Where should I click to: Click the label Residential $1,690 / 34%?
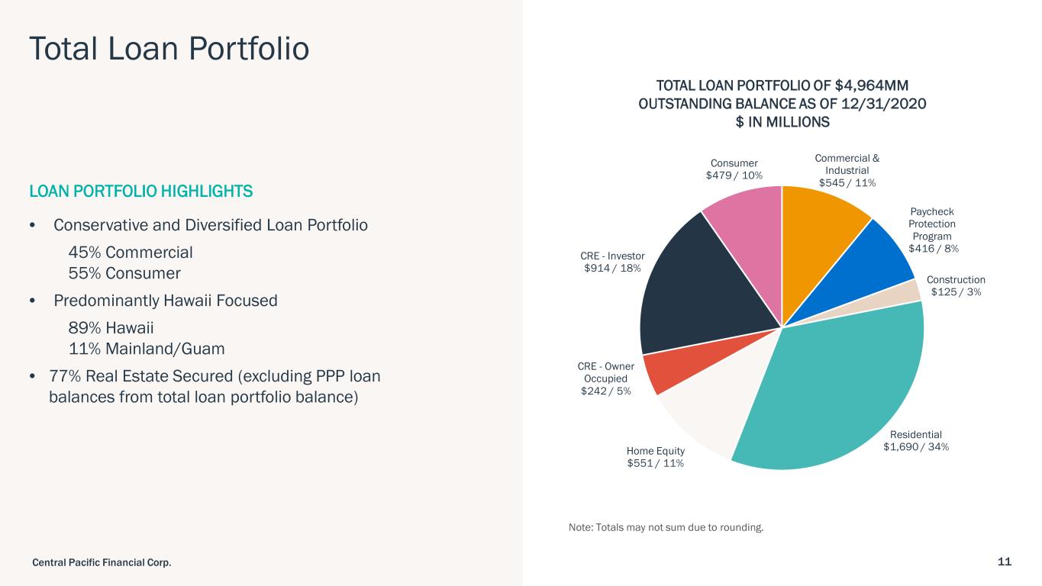(916, 440)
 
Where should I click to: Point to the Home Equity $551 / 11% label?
(655, 457)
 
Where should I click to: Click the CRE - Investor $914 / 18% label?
(613, 262)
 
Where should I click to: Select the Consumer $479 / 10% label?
(734, 169)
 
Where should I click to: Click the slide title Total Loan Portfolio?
(169, 47)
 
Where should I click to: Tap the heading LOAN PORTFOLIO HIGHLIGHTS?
(140, 191)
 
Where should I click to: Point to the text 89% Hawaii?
(111, 328)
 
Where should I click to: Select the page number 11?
(1004, 562)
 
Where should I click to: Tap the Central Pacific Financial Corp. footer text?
(102, 562)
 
